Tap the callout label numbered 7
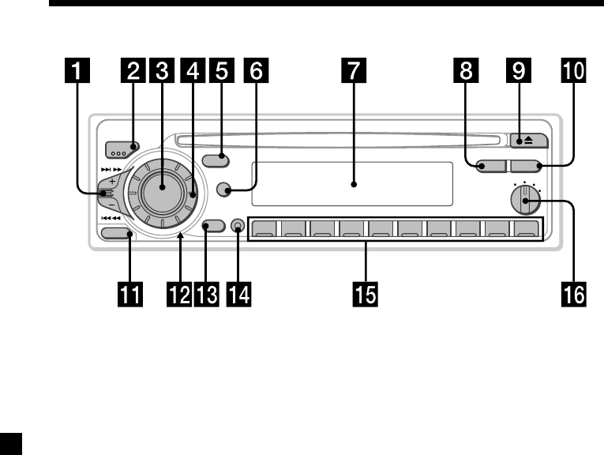click(x=355, y=73)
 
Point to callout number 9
click(x=518, y=73)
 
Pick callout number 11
click(x=131, y=295)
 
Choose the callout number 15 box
click(x=366, y=295)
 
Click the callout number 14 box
click(x=237, y=295)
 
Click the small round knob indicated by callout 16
click(x=521, y=201)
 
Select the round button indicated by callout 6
click(x=225, y=190)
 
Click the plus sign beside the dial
click(x=113, y=180)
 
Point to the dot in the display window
click(x=354, y=185)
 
